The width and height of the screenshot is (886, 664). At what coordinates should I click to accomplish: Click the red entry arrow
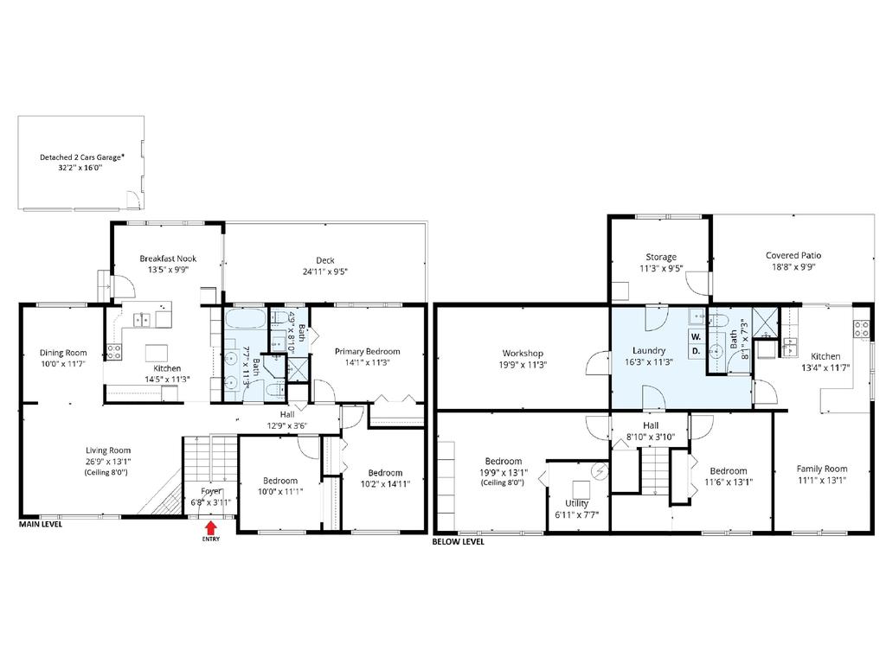[211, 528]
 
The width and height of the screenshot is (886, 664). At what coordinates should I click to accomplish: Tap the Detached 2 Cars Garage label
[81, 157]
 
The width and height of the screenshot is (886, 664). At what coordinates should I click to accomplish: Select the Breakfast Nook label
[169, 259]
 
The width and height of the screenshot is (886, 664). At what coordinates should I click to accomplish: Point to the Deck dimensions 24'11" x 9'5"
[325, 271]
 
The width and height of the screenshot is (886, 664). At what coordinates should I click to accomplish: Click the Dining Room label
[63, 353]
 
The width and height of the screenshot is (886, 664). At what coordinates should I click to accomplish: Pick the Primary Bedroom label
[367, 351]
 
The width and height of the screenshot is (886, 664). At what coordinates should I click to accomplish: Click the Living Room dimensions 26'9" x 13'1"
[108, 462]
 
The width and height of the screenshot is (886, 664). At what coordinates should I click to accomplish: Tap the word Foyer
[211, 491]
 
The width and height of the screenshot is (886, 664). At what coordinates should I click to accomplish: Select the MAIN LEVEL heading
[41, 524]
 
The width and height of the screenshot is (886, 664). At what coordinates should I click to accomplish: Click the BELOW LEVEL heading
[459, 541]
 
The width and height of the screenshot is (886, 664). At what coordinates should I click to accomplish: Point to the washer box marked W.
[697, 336]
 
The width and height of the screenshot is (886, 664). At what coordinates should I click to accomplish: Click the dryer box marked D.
[697, 351]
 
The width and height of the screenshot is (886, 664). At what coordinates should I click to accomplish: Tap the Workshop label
[523, 354]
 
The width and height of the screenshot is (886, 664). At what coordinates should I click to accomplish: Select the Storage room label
[661, 257]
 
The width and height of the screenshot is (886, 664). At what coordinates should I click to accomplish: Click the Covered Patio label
[793, 255]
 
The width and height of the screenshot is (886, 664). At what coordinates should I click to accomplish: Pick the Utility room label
[577, 503]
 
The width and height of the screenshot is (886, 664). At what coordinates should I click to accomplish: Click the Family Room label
[822, 469]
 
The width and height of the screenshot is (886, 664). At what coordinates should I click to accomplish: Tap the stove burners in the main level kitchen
[113, 353]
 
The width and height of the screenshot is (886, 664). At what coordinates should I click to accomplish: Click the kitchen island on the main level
[157, 353]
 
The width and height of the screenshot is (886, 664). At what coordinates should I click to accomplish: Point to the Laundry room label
[649, 351]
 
